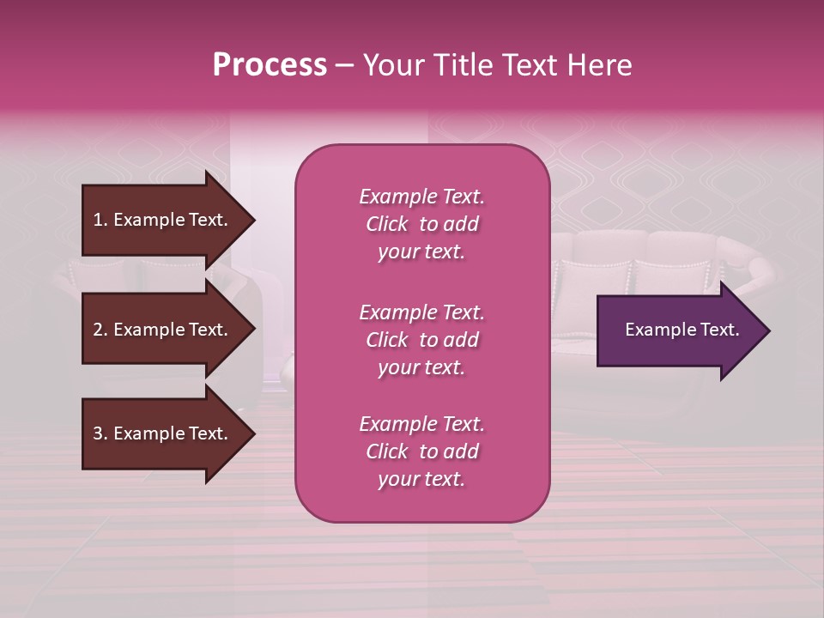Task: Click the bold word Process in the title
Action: point(270,65)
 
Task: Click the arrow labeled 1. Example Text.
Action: point(163,221)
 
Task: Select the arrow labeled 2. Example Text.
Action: point(163,330)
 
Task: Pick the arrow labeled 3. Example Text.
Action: point(163,434)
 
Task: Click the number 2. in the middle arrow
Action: point(100,330)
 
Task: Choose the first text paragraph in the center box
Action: point(421,224)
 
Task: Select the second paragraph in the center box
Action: point(421,340)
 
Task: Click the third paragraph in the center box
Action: point(421,451)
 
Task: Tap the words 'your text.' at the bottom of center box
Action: point(421,480)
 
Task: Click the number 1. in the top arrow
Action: point(100,221)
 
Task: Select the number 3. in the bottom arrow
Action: point(100,434)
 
